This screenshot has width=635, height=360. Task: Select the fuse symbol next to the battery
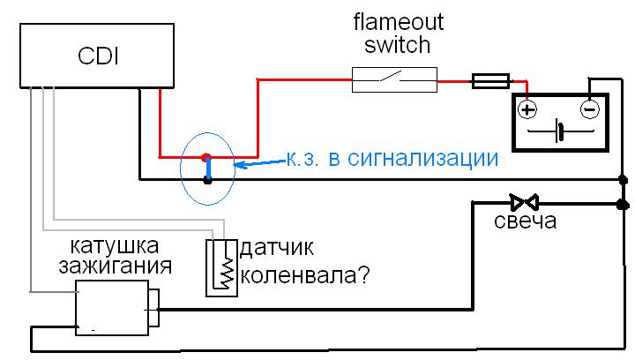click(489, 81)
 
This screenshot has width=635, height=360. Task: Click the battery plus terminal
click(527, 109)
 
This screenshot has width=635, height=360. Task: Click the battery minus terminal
click(590, 109)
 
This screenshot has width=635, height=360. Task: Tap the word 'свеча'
click(525, 221)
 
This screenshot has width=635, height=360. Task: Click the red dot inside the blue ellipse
click(206, 157)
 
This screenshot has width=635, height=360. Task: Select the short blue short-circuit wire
click(207, 169)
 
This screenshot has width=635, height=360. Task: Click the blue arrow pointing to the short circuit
click(256, 163)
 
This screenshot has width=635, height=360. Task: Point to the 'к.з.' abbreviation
click(304, 160)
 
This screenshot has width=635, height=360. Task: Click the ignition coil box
click(114, 306)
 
